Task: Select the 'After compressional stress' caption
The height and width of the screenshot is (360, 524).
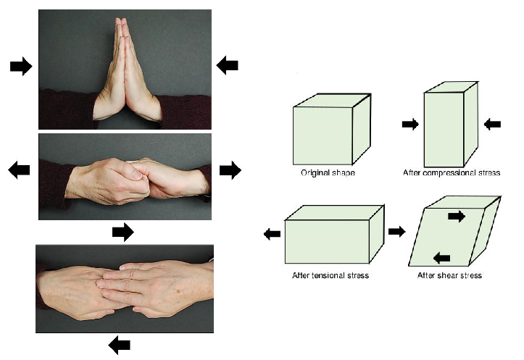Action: point(452,173)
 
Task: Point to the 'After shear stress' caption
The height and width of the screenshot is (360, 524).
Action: point(449,275)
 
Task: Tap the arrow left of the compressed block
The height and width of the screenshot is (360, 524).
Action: point(410,125)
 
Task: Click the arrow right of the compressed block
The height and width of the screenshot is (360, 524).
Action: point(492,125)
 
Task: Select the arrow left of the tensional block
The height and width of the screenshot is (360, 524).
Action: point(272,233)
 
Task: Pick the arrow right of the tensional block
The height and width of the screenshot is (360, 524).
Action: point(396,232)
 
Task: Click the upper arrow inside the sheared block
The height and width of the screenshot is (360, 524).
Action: point(457,217)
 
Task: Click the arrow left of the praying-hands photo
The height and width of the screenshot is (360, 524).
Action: point(21,67)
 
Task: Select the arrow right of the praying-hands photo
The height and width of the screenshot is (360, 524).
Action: point(228,65)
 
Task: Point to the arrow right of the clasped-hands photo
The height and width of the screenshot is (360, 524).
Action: point(230,170)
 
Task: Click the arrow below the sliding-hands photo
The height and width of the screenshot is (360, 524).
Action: point(120,345)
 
